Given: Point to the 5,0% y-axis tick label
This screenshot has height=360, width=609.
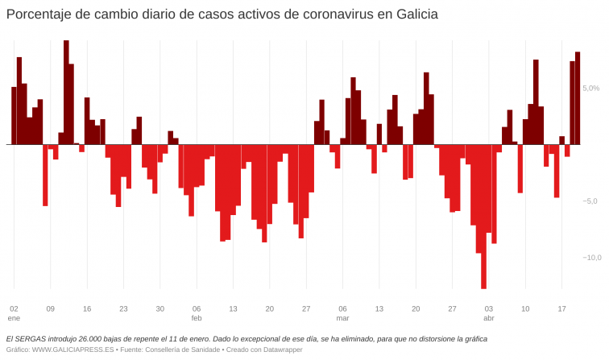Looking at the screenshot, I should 590,88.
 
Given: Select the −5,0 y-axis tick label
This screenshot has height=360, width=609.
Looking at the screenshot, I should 590,201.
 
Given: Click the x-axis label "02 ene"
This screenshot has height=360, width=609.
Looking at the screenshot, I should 14,313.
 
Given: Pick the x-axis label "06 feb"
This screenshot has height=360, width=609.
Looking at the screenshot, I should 197,313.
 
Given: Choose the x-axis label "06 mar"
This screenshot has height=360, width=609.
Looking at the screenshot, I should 342,313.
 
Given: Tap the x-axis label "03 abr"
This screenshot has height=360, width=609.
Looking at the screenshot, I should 488,313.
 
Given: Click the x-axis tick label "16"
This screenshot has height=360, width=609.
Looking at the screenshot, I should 87,308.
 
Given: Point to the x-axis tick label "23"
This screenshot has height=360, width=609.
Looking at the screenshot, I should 123,308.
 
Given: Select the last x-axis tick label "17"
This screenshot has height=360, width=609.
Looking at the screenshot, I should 561,308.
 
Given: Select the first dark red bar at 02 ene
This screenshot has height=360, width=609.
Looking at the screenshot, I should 14,116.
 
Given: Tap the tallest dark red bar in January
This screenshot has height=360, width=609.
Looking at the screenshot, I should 66,93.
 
